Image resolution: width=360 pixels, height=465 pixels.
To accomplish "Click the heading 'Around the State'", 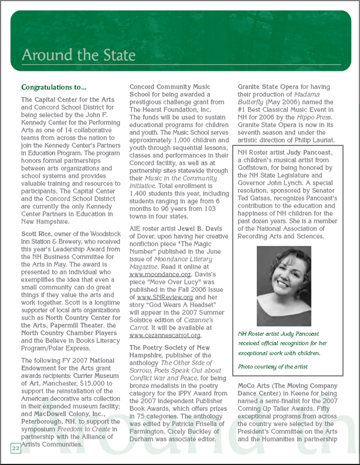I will [78, 56].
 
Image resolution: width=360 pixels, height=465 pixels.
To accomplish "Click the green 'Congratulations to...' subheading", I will [53, 87].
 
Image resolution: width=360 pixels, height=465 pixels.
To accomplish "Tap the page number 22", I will [15, 448].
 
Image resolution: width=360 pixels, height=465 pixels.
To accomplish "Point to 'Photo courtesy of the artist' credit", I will [273, 366].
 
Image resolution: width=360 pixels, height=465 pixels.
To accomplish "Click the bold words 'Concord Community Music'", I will [170, 87].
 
